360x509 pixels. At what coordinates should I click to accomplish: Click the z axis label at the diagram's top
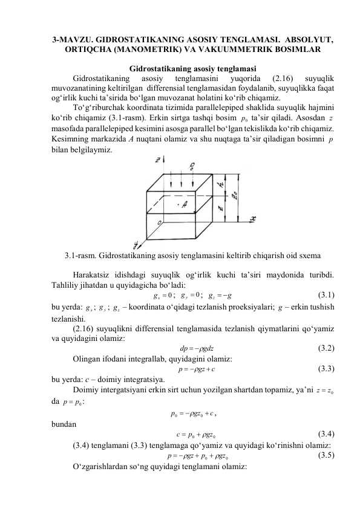pyautogui.click(x=157, y=161)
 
